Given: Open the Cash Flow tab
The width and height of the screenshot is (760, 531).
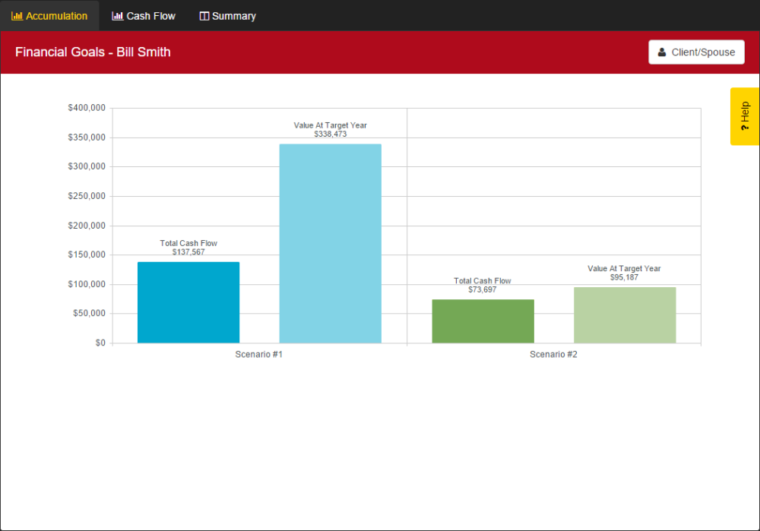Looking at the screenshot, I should click(x=144, y=16).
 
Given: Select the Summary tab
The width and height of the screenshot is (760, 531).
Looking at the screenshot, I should click(x=227, y=16).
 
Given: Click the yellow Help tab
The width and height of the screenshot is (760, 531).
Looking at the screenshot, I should click(x=744, y=116).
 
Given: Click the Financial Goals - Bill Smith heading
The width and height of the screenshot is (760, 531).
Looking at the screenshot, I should click(x=93, y=52).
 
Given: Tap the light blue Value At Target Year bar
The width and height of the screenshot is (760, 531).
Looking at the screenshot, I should click(x=330, y=243).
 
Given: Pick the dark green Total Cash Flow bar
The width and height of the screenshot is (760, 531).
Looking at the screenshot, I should click(x=483, y=321).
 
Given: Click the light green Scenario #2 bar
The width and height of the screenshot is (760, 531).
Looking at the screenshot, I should click(x=624, y=314).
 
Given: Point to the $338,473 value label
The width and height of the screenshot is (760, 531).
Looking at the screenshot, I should click(x=330, y=134).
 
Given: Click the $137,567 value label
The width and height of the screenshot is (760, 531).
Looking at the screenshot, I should click(x=188, y=252).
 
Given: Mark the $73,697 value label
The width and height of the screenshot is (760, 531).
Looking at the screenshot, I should click(x=483, y=289).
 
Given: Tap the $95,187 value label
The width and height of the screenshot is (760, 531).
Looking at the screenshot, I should click(x=624, y=277).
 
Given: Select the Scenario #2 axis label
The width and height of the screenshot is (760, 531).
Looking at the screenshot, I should click(x=553, y=355).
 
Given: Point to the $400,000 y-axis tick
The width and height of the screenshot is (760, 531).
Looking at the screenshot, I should click(x=87, y=109).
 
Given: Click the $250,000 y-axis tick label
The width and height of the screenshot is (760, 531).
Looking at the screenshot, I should click(x=87, y=197).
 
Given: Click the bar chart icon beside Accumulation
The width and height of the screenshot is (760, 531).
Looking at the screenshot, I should click(x=17, y=16).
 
